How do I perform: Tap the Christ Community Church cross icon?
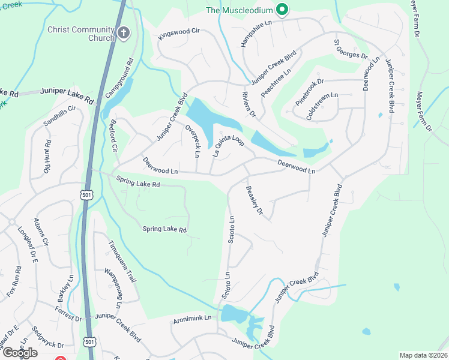coord(124,33)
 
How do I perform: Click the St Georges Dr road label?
coord(350,49)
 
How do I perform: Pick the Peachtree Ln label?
coord(276,83)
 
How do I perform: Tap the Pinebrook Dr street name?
coord(309,90)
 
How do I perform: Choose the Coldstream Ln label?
coord(322,106)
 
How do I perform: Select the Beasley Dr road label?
coord(255,200)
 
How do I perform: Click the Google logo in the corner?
coord(19,352)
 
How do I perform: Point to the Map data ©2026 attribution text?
coord(423,355)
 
